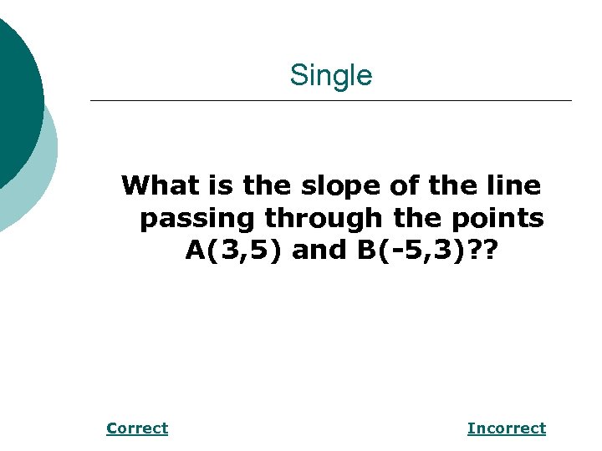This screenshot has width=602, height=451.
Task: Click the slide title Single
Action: click(x=330, y=76)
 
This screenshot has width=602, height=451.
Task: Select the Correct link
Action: click(x=137, y=428)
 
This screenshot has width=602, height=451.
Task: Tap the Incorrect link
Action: click(x=506, y=428)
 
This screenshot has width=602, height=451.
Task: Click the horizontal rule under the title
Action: click(x=330, y=101)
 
